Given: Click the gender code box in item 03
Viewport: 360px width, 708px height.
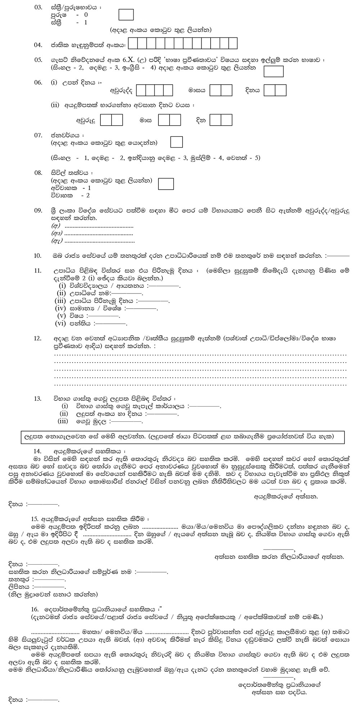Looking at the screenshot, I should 126,15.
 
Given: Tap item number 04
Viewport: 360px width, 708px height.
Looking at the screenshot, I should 38,45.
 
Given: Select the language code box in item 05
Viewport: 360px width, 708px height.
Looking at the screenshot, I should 274,71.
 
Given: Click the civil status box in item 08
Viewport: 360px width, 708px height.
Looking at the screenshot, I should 166,184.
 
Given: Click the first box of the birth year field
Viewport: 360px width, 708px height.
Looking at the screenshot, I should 141,90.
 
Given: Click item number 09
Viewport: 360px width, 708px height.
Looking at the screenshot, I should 38,211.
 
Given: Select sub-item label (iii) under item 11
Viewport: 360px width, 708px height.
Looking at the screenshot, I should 60,301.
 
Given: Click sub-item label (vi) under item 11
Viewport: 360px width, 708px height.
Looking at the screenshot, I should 60,323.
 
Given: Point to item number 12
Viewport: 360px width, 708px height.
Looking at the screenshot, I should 38,339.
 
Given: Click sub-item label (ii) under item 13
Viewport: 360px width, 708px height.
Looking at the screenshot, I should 64,414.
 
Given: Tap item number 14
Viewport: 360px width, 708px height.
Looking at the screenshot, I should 38,451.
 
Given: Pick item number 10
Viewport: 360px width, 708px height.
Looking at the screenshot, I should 38,256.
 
